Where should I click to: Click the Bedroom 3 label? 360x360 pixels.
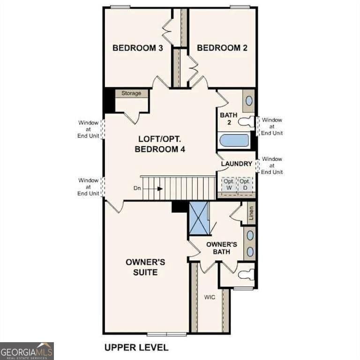click(137, 48)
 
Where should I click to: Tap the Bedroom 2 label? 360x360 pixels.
click(222, 48)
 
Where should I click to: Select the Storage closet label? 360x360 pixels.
click(131, 93)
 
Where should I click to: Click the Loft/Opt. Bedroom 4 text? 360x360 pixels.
click(160, 144)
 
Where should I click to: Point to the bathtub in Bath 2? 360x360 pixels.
click(234, 140)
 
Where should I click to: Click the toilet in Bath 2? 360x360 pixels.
click(246, 122)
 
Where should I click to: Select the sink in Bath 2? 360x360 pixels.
click(249, 101)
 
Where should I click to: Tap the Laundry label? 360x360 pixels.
click(237, 164)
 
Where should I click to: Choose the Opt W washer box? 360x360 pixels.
click(228, 184)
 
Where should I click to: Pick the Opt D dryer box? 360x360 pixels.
click(244, 184)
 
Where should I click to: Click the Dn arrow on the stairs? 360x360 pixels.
click(159, 188)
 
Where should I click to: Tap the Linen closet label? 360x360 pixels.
click(251, 213)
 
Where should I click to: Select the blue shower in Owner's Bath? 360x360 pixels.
click(198, 218)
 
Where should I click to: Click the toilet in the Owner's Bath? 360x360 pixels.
click(246, 275)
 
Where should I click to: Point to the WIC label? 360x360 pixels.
click(209, 297)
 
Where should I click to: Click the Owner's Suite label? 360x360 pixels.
click(145, 267)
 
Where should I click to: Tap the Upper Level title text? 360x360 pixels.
click(136, 347)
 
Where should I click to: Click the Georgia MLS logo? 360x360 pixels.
click(27, 351)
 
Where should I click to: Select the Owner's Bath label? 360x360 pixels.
click(222, 248)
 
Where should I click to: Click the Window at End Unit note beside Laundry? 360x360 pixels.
click(272, 165)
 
